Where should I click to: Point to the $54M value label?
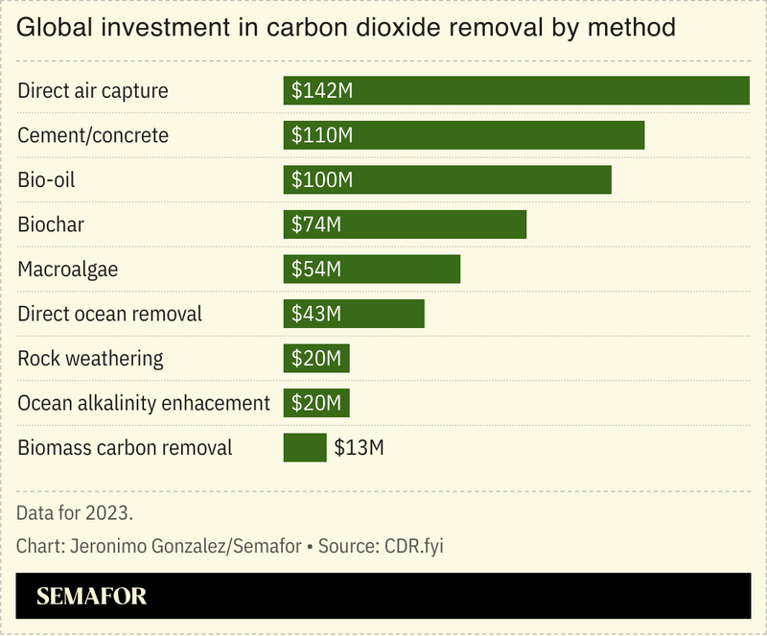316,269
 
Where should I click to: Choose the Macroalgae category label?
68,269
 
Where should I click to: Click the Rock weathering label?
91,358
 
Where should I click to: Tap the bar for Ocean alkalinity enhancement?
316,403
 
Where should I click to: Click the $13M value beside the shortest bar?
360,447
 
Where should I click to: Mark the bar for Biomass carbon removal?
305,447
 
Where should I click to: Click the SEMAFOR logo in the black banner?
92,596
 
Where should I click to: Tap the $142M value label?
322,90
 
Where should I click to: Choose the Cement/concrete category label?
93,135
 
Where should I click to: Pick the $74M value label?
316,224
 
